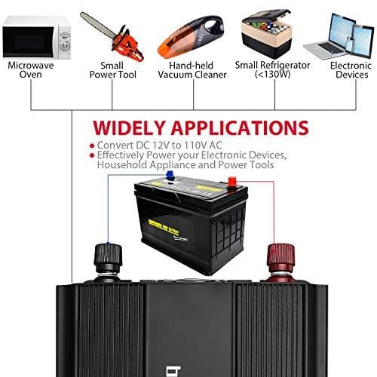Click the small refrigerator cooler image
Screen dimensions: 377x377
tap(273, 34)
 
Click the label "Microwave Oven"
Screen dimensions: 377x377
tap(31, 70)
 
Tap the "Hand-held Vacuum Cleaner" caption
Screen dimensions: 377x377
tap(192, 70)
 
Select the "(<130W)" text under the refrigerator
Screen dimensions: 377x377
tap(273, 75)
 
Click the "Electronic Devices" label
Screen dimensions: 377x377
tap(351, 70)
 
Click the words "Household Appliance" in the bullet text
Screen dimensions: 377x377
tap(144, 165)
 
